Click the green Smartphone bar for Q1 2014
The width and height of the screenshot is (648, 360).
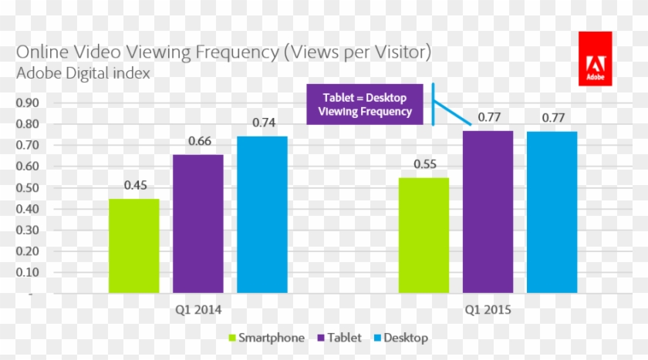[133, 246]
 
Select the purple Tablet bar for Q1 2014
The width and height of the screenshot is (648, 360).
[197, 224]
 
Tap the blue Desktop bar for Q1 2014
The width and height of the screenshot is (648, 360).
[262, 214]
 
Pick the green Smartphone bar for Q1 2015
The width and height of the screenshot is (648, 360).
[424, 235]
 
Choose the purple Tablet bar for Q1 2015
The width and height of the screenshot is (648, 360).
[488, 212]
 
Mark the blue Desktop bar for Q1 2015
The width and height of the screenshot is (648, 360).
[552, 212]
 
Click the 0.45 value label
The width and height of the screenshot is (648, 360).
[136, 185]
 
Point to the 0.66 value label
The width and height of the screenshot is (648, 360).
[200, 141]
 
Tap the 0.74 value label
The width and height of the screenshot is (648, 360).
[264, 123]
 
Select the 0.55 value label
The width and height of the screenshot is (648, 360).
[426, 164]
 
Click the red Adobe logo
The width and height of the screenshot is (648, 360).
[595, 59]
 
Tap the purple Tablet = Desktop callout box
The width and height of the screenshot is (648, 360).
[365, 105]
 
